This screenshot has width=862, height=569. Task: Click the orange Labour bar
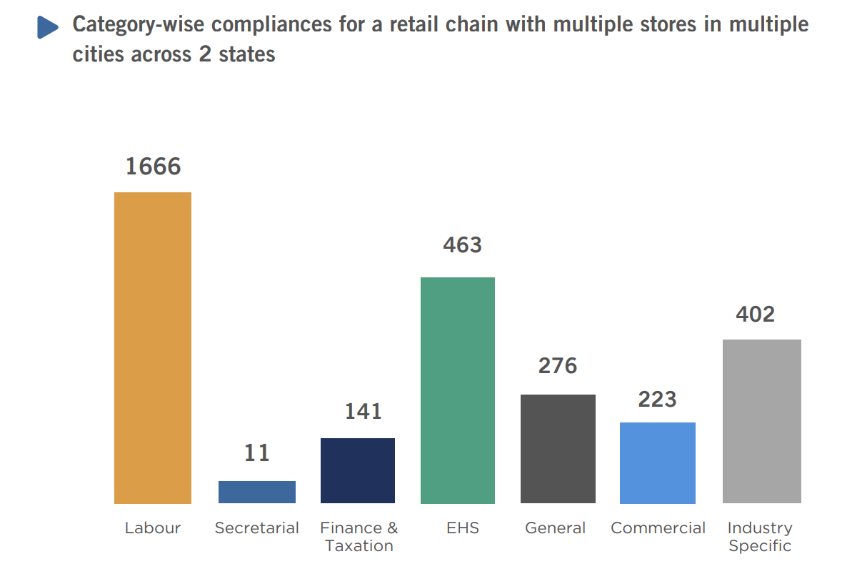click(x=153, y=347)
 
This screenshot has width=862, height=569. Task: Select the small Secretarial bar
click(x=257, y=492)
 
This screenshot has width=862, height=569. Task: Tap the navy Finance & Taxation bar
click(x=358, y=470)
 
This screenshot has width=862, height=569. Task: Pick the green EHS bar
click(x=458, y=390)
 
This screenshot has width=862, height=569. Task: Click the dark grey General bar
click(x=558, y=449)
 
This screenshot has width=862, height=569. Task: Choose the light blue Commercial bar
click(x=658, y=462)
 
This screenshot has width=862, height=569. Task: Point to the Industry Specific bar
click(x=761, y=421)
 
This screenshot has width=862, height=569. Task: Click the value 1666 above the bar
click(x=154, y=167)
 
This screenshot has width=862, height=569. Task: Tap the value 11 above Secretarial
click(x=257, y=453)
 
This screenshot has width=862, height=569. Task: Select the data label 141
click(x=364, y=412)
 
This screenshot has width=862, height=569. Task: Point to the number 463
click(x=462, y=246)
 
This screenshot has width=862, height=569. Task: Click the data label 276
click(x=558, y=366)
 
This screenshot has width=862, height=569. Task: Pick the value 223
click(x=657, y=399)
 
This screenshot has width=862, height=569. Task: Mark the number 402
click(x=755, y=315)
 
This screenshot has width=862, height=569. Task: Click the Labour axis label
click(x=153, y=528)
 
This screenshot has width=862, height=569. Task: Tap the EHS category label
click(x=462, y=528)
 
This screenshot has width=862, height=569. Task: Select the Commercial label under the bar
click(x=658, y=528)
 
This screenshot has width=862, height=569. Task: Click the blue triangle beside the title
click(x=47, y=28)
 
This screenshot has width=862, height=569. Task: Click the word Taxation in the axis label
click(x=359, y=546)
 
